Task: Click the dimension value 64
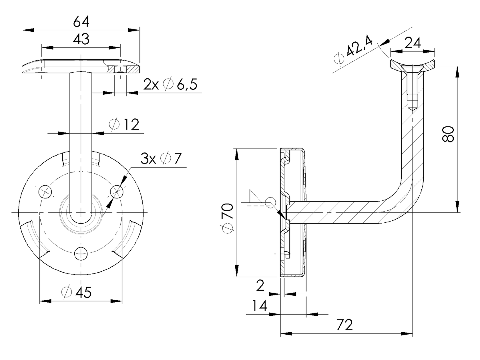[81, 22]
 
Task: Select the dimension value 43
[81, 39]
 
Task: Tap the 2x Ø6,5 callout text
[170, 85]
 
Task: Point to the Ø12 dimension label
[124, 124]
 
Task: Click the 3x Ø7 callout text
[161, 159]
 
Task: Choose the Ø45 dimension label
[77, 292]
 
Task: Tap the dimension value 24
[413, 43]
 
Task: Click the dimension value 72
[345, 325]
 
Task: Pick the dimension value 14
[259, 306]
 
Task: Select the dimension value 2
[260, 286]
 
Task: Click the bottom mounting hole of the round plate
[81, 253]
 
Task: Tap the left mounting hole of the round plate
[45, 192]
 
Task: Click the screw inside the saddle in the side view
[412, 86]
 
